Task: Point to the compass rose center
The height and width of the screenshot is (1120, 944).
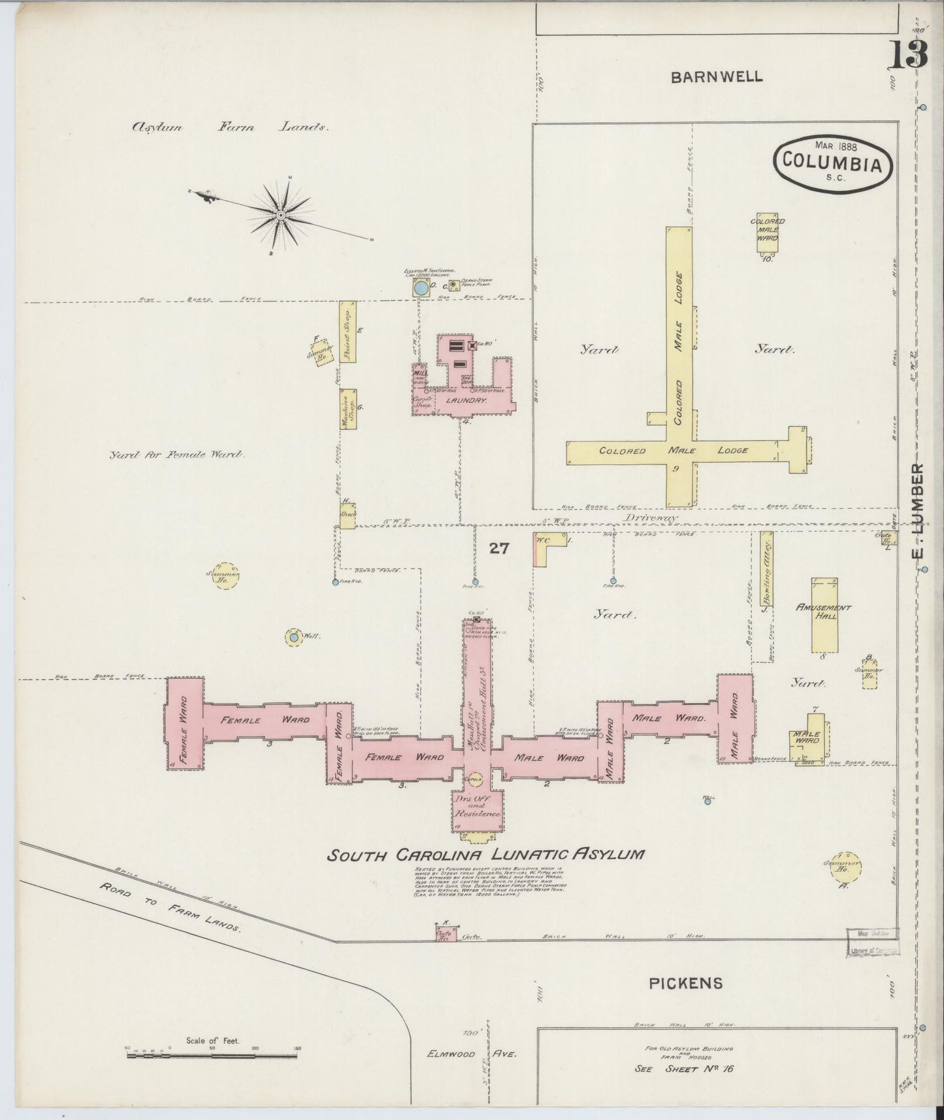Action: [x=280, y=215]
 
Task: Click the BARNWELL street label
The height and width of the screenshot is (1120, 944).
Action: [x=717, y=76]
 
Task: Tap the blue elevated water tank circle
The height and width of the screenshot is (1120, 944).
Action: [x=421, y=288]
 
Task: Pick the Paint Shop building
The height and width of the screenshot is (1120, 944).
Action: [x=348, y=331]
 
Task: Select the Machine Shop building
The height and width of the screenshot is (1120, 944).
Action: [x=347, y=410]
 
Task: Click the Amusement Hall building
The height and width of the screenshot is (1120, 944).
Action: [x=824, y=615]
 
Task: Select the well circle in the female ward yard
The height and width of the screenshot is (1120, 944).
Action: [x=294, y=637]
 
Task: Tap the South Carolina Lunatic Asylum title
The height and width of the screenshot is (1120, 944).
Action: [x=485, y=854]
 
